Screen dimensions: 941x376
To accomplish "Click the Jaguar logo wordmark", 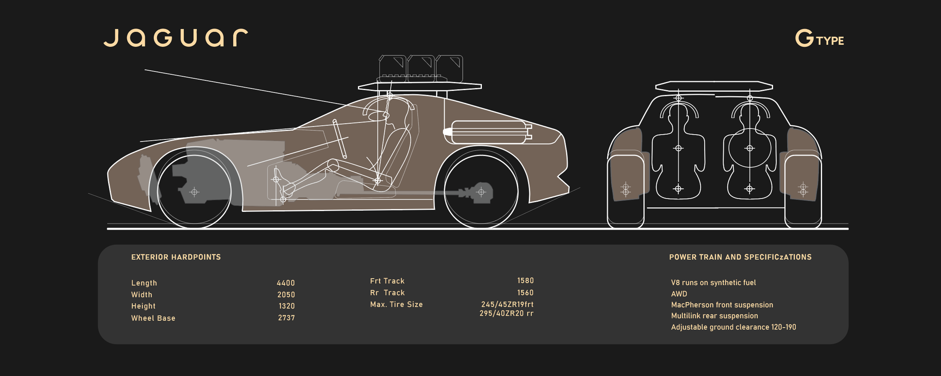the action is click(176, 38).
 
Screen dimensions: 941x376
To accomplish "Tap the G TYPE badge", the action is click(819, 39).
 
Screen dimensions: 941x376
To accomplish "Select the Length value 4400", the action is click(286, 283).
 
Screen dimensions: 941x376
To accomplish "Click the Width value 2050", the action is click(286, 294).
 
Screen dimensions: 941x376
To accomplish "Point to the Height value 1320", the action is click(287, 306).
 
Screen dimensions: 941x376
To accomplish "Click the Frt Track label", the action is click(387, 281).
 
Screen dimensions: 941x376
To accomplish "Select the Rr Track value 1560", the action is click(525, 293).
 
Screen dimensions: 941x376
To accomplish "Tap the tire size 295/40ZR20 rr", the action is click(506, 313).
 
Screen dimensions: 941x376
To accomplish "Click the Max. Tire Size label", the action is click(396, 304).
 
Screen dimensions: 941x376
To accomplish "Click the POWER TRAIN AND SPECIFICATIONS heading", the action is click(740, 257).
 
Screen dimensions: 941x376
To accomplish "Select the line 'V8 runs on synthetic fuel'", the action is click(713, 282).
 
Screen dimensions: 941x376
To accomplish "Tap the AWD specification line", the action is click(679, 294).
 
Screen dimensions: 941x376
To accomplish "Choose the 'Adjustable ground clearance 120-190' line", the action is click(733, 327).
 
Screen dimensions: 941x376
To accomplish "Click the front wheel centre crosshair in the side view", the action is click(194, 192).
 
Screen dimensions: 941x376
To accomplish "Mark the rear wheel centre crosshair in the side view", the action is click(481, 192).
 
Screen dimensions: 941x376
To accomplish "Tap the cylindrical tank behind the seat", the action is click(488, 132).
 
